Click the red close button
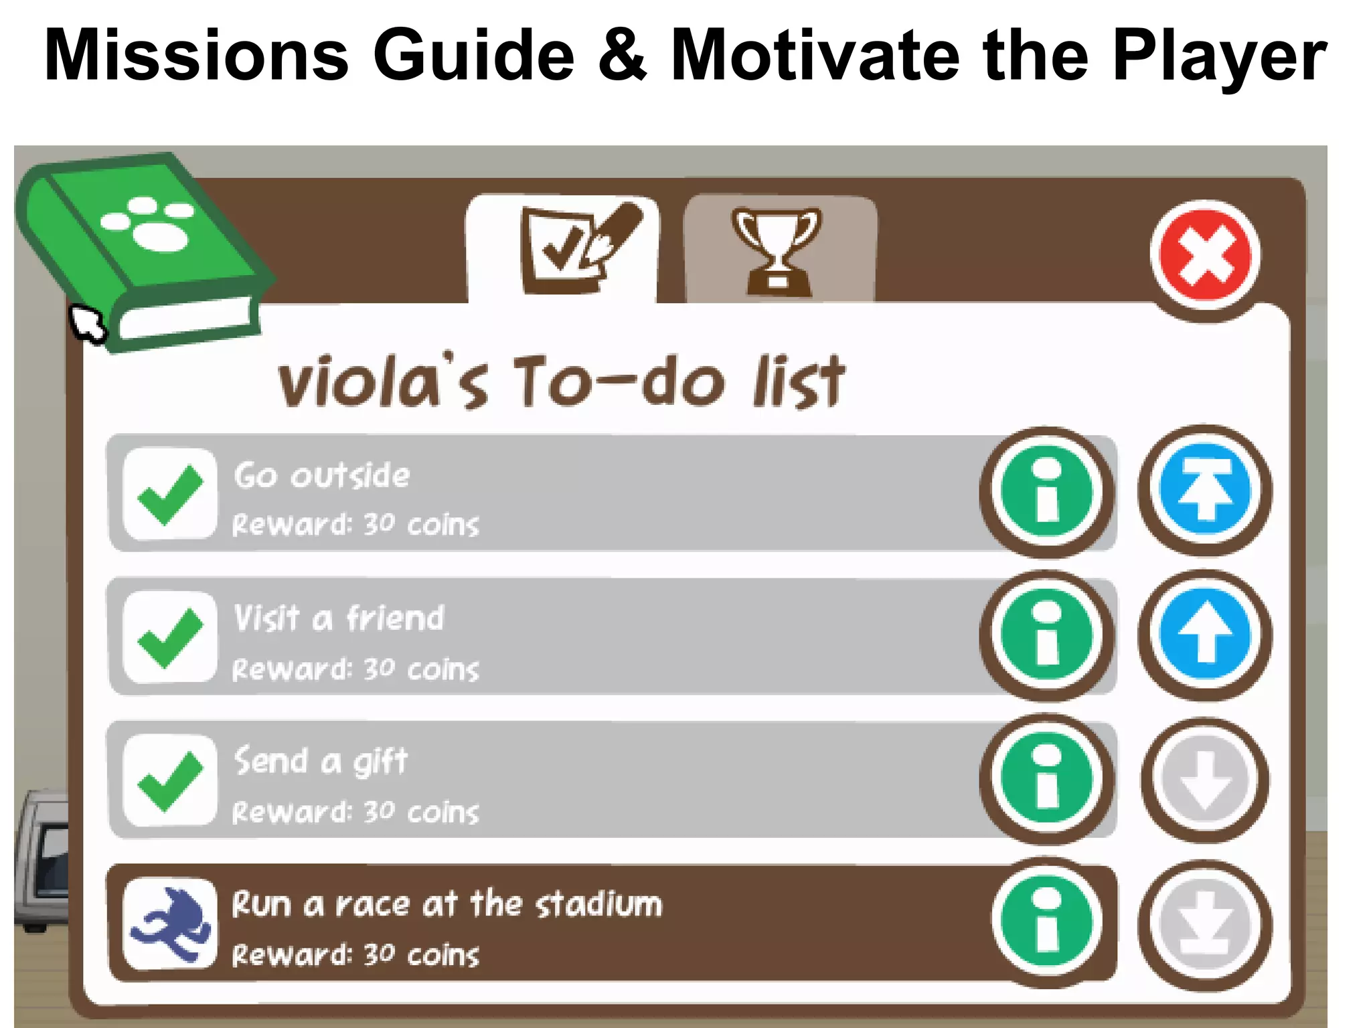coord(1205,256)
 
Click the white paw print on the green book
coord(151,223)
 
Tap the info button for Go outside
coord(1047,492)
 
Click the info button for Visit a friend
coord(1047,635)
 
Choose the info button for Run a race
coord(1047,922)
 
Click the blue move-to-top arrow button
coord(1205,491)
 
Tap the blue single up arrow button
coord(1205,634)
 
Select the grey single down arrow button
coord(1205,779)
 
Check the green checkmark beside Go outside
coord(170,493)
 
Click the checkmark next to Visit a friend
coord(170,637)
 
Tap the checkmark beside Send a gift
coord(170,780)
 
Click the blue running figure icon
coord(170,924)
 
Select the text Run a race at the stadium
coord(447,904)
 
